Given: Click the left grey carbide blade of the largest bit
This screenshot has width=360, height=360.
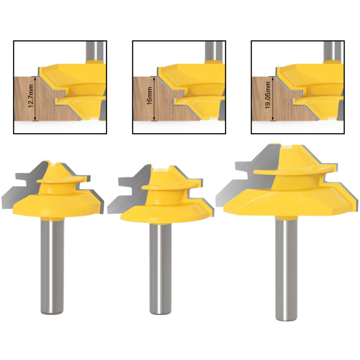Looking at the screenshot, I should (x=243, y=189).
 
